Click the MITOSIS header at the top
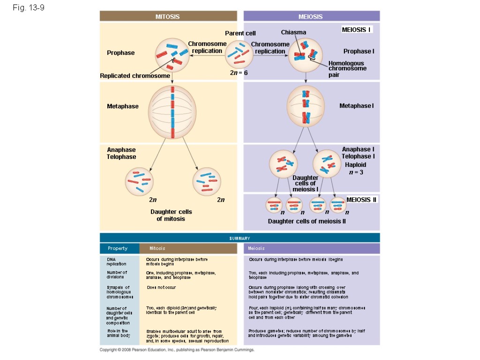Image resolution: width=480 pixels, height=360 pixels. pos(167,16)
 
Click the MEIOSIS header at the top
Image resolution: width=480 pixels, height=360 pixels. pos(311,16)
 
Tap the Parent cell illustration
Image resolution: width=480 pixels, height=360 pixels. pos(239,54)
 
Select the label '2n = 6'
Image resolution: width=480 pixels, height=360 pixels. pos(239,73)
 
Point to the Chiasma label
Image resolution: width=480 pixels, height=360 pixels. pos(293,32)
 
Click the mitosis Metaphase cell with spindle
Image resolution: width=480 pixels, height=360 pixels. pos(172,112)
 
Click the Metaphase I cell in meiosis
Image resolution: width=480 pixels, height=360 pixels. pos(306,106)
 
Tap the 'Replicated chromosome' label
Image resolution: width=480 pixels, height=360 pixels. pos(135,76)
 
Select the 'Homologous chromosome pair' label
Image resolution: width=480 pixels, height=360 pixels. pos(347,68)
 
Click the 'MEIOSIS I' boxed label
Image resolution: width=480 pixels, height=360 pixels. pos(357,30)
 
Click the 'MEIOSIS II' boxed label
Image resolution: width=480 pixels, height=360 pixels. pos(361,200)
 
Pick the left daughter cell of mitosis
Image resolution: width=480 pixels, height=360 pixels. pos(140,182)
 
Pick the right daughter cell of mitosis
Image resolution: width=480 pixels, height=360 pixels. pos(207,182)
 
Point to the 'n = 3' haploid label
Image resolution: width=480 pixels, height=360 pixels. pos(356,172)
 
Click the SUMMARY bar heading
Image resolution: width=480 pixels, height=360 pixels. pos(240,239)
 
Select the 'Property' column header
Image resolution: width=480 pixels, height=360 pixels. pos(118,248)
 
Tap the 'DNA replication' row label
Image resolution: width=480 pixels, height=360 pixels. pos(113,262)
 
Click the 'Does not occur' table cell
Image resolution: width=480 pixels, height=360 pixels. pos(161,287)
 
